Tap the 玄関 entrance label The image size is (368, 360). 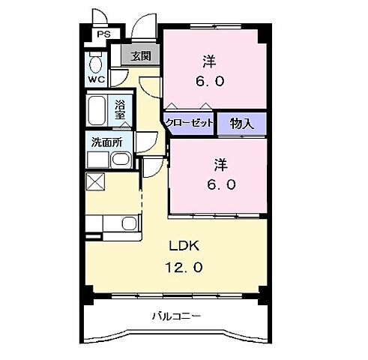pyautogui.click(x=140, y=55)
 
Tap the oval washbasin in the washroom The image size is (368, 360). pyautogui.click(x=120, y=160)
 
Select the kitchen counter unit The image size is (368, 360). pyautogui.click(x=112, y=223)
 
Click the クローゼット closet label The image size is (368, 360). pyautogui.click(x=190, y=124)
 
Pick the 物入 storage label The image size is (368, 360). pyautogui.click(x=241, y=124)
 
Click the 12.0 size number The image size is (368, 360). pyautogui.click(x=184, y=266)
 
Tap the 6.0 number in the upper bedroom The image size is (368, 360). pyautogui.click(x=209, y=81)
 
